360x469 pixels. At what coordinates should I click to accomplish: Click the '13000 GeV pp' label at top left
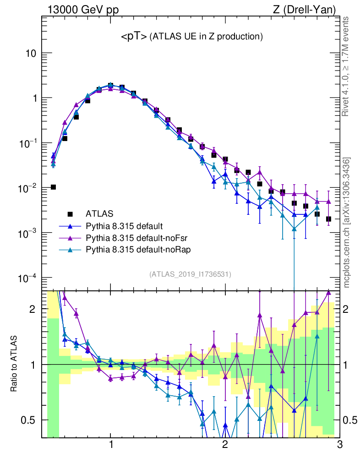tap(83, 9)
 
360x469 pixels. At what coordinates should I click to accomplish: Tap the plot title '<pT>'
tap(134, 37)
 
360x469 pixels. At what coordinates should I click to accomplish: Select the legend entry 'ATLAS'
tap(99, 213)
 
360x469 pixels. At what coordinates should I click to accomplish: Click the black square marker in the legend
tap(70, 214)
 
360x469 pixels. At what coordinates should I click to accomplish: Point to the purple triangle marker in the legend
tap(70, 238)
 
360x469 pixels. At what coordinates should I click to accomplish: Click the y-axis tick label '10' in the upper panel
tap(31, 53)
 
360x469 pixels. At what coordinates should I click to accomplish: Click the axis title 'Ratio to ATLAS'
tap(14, 364)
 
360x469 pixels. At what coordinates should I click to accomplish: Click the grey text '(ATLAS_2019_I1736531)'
tap(190, 274)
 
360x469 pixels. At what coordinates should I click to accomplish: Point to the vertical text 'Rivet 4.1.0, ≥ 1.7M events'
tap(346, 66)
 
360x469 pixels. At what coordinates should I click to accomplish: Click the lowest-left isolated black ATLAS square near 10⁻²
tap(53, 187)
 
